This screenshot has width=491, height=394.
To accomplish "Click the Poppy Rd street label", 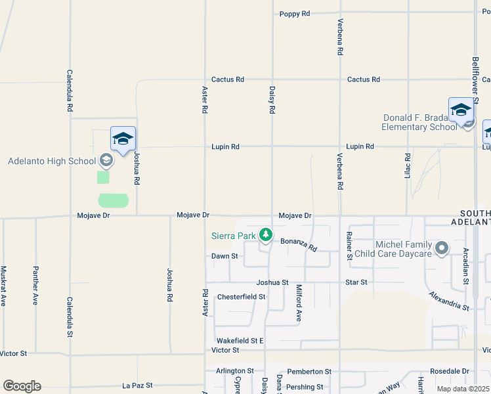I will tap(294, 14).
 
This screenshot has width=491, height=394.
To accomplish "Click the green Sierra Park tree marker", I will tap(266, 234).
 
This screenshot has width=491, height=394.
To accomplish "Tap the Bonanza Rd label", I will tap(299, 245).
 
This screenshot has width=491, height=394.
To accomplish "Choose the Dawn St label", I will tap(224, 256).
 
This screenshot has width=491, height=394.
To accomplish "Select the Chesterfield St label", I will tap(241, 297).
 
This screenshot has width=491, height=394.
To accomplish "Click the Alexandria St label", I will tap(449, 301).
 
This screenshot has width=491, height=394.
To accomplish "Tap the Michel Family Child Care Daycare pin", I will tap(442, 248).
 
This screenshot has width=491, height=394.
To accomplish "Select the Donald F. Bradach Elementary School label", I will tap(420, 123).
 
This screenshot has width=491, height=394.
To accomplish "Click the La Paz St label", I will tap(137, 385).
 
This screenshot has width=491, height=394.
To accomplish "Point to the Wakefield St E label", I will tap(240, 341).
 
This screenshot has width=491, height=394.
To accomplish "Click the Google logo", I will tap(22, 386).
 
